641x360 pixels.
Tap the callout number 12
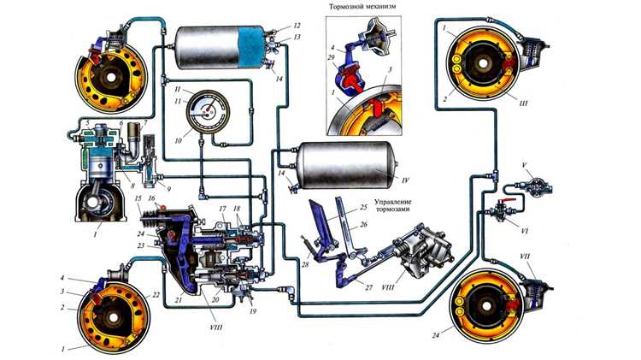(297, 27)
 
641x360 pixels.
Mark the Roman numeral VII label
(536, 257)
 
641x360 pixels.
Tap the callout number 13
(297, 38)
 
